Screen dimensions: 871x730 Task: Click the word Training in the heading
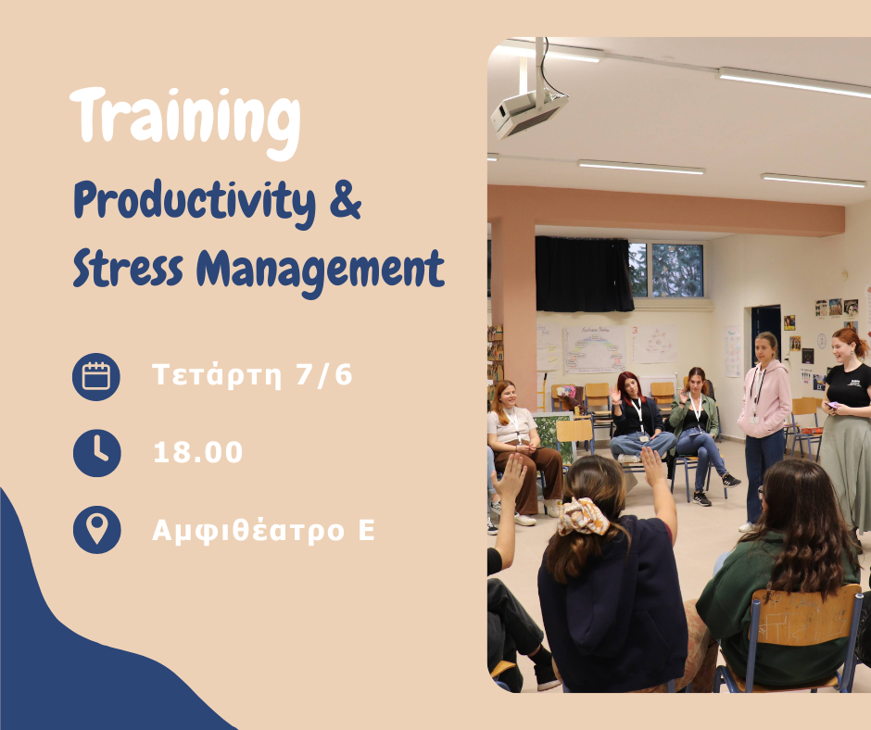click(185, 122)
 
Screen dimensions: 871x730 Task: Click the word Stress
click(128, 269)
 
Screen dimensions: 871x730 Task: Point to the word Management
click(321, 271)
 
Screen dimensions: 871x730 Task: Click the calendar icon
click(96, 377)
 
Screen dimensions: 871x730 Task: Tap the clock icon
click(96, 453)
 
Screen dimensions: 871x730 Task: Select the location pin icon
click(96, 530)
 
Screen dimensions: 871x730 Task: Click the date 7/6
click(324, 374)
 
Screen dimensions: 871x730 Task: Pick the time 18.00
click(198, 452)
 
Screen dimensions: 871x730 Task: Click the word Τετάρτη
click(217, 375)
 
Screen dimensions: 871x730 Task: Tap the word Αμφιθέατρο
click(249, 531)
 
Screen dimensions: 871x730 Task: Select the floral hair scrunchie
click(583, 516)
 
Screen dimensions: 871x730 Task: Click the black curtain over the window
click(584, 274)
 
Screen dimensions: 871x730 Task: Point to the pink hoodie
click(764, 398)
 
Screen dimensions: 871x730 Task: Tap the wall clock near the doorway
click(822, 341)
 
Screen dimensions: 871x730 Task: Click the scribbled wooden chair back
click(804, 615)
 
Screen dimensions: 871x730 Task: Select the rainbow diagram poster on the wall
click(594, 349)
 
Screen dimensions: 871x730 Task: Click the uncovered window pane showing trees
click(677, 270)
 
